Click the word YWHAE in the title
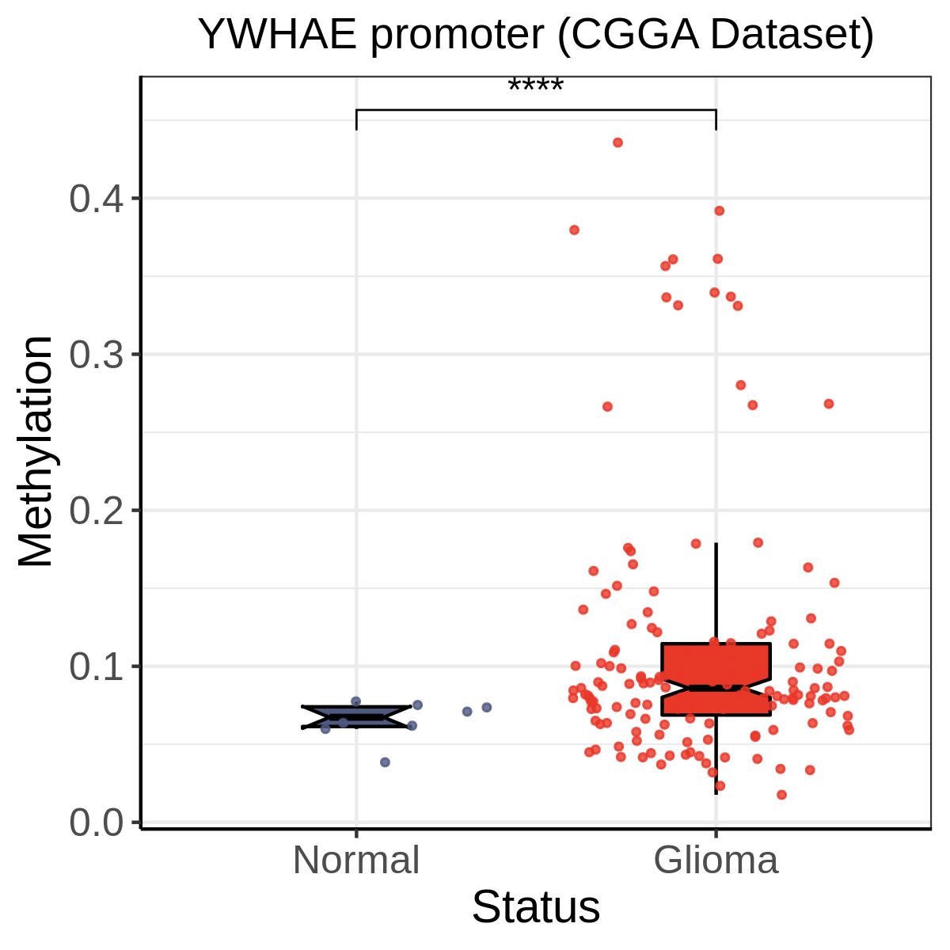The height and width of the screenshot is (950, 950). [x=278, y=35]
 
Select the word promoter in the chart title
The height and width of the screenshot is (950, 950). [x=458, y=37]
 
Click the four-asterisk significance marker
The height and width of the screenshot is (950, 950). [x=535, y=85]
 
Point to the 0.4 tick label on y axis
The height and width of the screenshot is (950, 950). [x=96, y=199]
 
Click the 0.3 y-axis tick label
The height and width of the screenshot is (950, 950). [x=96, y=355]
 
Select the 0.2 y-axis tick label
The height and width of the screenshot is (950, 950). [x=96, y=511]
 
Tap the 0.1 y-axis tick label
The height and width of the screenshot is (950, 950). [x=96, y=667]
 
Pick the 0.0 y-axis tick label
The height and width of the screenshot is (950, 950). [x=96, y=823]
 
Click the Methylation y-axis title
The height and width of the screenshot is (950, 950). [x=36, y=451]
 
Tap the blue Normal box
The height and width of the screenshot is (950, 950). [x=356, y=716]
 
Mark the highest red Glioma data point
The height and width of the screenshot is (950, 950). [x=617, y=142]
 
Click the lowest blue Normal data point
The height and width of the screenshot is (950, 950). [x=385, y=762]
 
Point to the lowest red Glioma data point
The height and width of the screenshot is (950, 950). [x=781, y=795]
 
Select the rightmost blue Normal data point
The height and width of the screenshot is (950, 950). [x=487, y=708]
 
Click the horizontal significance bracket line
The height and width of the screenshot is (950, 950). [x=536, y=109]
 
